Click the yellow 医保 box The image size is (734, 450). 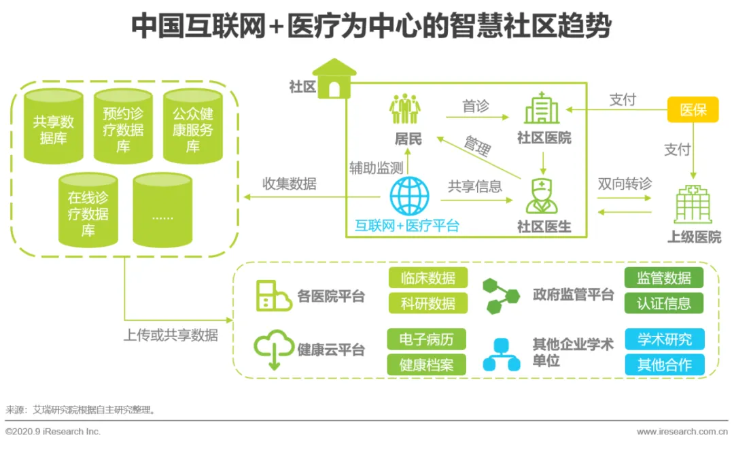click(693, 109)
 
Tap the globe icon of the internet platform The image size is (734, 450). click(409, 196)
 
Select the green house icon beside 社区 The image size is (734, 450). click(334, 78)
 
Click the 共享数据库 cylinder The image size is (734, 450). click(53, 128)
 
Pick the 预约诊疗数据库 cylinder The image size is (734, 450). click(123, 128)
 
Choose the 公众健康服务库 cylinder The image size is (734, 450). click(193, 128)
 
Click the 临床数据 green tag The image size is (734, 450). click(428, 278)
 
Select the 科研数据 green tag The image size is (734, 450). click(428, 303)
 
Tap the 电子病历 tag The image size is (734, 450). click(427, 339)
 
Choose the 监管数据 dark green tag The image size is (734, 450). click(663, 278)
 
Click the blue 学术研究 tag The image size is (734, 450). click(664, 339)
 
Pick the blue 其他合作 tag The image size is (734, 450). click(664, 364)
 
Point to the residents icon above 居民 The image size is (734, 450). click(405, 109)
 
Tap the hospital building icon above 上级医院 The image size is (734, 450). click(693, 203)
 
